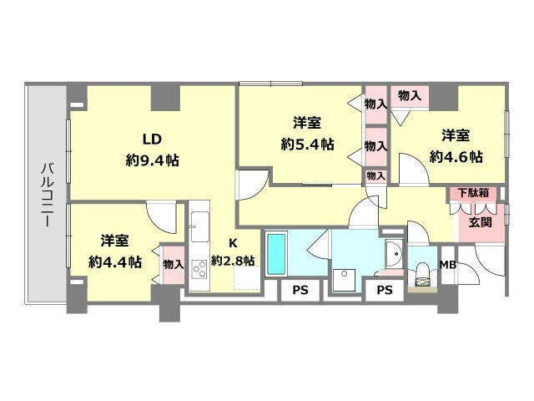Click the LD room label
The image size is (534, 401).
coord(152,140)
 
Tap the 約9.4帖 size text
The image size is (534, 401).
coord(152,160)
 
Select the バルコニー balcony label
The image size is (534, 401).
coord(47,195)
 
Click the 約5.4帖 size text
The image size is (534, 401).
coord(307,145)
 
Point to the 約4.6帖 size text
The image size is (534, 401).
coord(456,157)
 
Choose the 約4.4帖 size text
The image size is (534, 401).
coord(115,261)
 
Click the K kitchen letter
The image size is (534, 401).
coord(233,243)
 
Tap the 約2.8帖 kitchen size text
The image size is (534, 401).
coord(233,261)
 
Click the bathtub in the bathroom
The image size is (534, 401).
coord(276,254)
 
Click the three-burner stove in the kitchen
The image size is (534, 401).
coord(199,268)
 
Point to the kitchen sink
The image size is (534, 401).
coord(200,226)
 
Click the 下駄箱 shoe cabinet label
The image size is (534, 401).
coord(473,193)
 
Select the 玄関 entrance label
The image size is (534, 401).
coord(481,222)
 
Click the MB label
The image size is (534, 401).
coord(448,265)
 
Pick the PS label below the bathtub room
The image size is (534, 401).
coord(300,290)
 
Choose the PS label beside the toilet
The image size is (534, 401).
coord(385,290)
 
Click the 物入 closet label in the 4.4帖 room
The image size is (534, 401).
coord(174,264)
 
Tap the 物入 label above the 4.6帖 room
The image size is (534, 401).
coord(410,95)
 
